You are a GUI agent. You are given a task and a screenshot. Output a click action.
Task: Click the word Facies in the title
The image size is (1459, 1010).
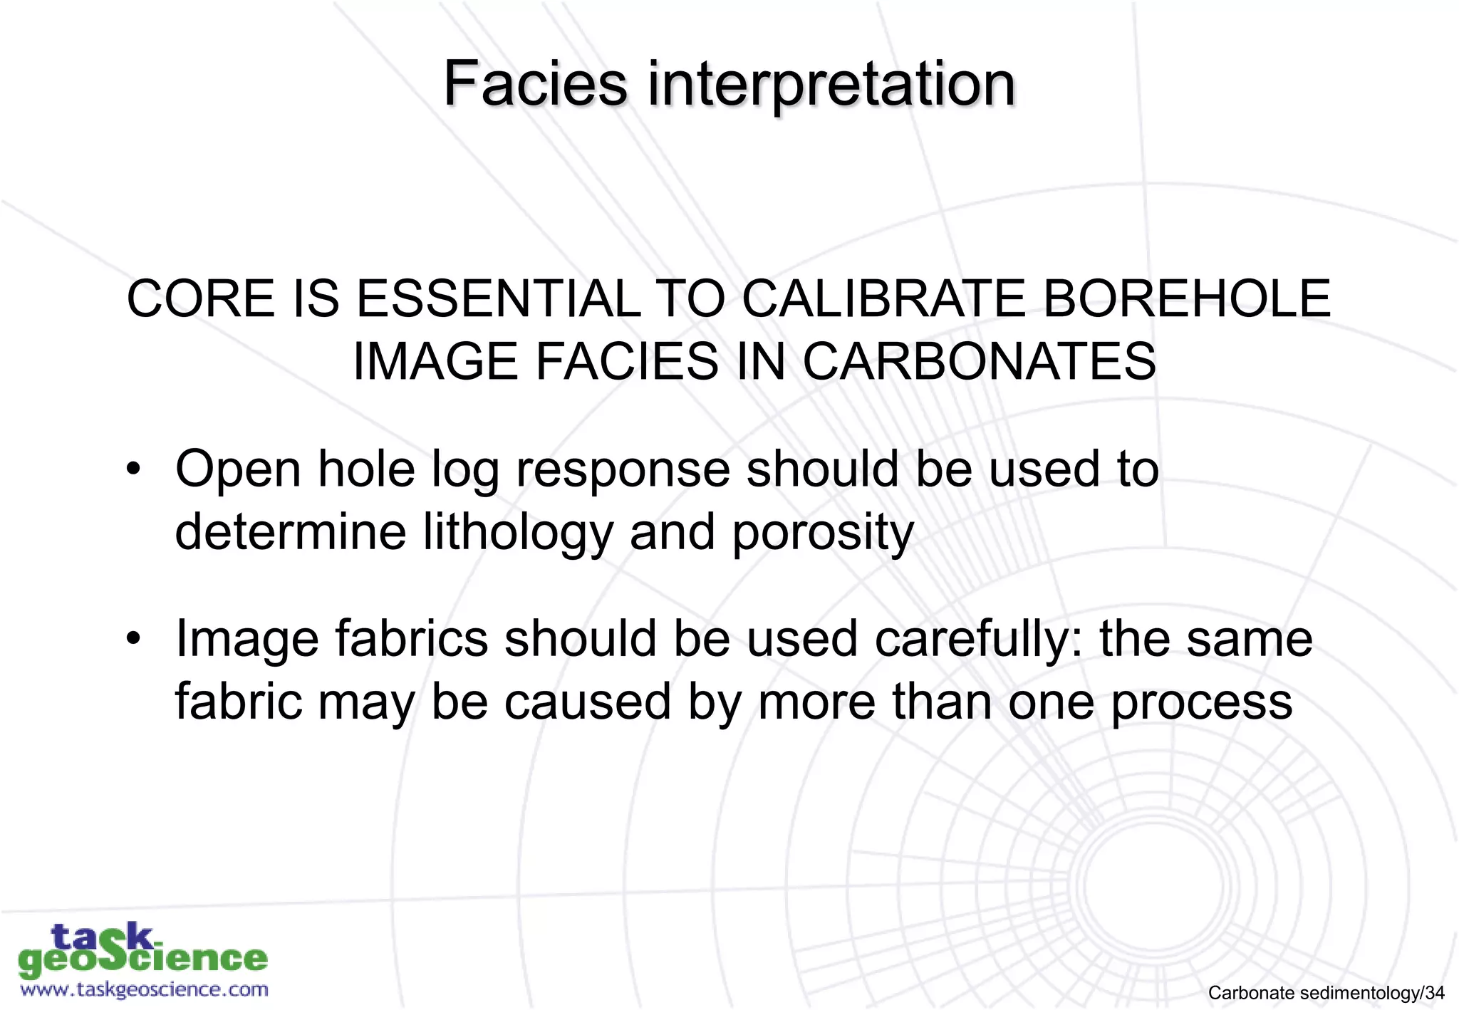(535, 84)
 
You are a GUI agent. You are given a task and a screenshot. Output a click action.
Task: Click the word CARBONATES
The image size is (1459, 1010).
(979, 361)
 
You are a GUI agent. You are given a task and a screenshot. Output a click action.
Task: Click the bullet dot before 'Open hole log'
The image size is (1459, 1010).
(133, 469)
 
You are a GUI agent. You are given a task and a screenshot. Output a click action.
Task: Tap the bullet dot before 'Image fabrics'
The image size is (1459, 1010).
(133, 638)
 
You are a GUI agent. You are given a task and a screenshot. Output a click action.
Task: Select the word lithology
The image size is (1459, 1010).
(518, 533)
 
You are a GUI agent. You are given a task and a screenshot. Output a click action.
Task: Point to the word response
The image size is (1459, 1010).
(623, 471)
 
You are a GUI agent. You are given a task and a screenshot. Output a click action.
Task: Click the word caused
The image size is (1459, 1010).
(588, 702)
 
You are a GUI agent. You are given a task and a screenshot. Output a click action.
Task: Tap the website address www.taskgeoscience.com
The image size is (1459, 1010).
(144, 989)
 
